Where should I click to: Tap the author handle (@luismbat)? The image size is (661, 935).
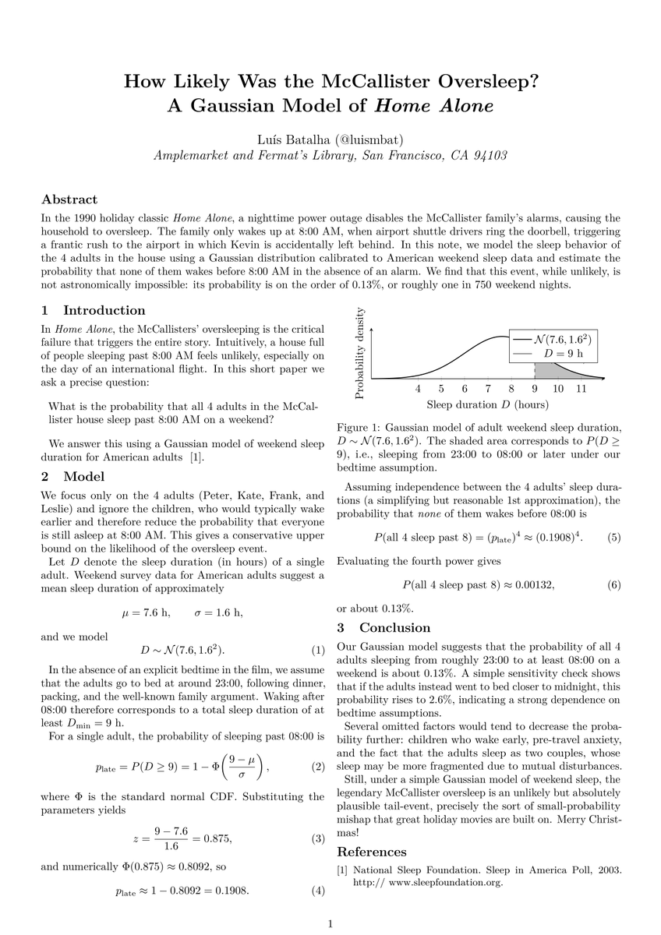365,139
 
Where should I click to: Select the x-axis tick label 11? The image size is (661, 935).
581,389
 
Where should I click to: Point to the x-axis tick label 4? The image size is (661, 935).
418,389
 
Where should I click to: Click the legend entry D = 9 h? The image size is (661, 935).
564,354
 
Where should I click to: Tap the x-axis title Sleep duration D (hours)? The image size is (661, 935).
487,404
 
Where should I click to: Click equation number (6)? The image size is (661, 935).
613,584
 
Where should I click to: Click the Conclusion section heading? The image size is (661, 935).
383,627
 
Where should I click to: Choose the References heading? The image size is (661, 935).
371,852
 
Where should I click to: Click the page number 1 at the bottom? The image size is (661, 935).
330,924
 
